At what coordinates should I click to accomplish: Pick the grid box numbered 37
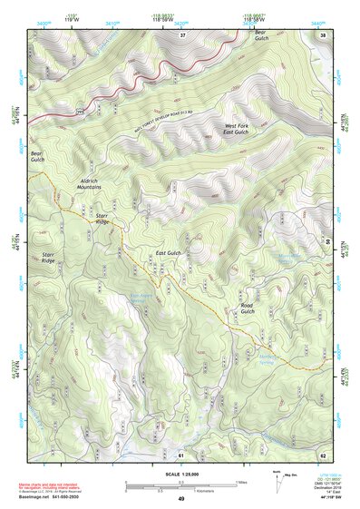(182, 35)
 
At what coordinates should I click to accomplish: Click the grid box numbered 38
(324, 35)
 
